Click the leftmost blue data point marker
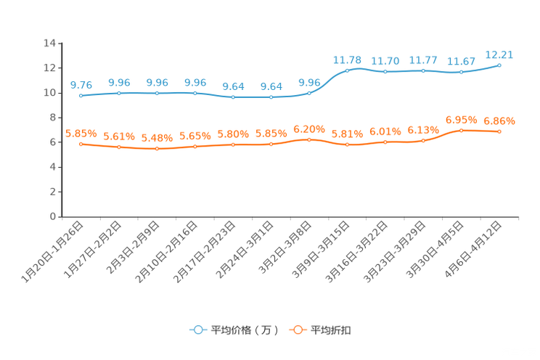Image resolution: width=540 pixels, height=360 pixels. pos(81,96)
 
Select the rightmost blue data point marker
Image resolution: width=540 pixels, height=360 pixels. pos(499,65)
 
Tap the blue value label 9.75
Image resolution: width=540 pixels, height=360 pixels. pos(81,84)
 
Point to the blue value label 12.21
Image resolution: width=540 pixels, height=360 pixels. pos(499,53)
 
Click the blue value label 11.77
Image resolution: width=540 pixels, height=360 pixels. pos(423,60)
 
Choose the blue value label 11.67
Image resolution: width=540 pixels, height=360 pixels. pos(461,61)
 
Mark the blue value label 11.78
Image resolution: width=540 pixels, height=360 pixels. pos(347,59)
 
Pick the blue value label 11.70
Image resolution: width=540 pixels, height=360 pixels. pos(385,60)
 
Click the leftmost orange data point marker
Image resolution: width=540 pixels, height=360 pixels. pos(81,144)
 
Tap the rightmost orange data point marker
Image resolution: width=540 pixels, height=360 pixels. pos(499,131)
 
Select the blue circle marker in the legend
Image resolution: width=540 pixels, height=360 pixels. pos(197,330)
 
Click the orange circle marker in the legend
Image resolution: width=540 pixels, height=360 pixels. pos(297,330)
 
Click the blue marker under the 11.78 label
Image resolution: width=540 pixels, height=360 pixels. pos(347,70)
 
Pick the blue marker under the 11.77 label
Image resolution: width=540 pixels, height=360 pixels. pos(423,70)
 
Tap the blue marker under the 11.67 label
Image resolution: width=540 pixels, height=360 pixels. pos(461,72)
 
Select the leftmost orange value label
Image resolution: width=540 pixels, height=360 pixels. pos(81,133)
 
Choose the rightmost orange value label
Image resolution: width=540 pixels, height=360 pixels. pos(499,120)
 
